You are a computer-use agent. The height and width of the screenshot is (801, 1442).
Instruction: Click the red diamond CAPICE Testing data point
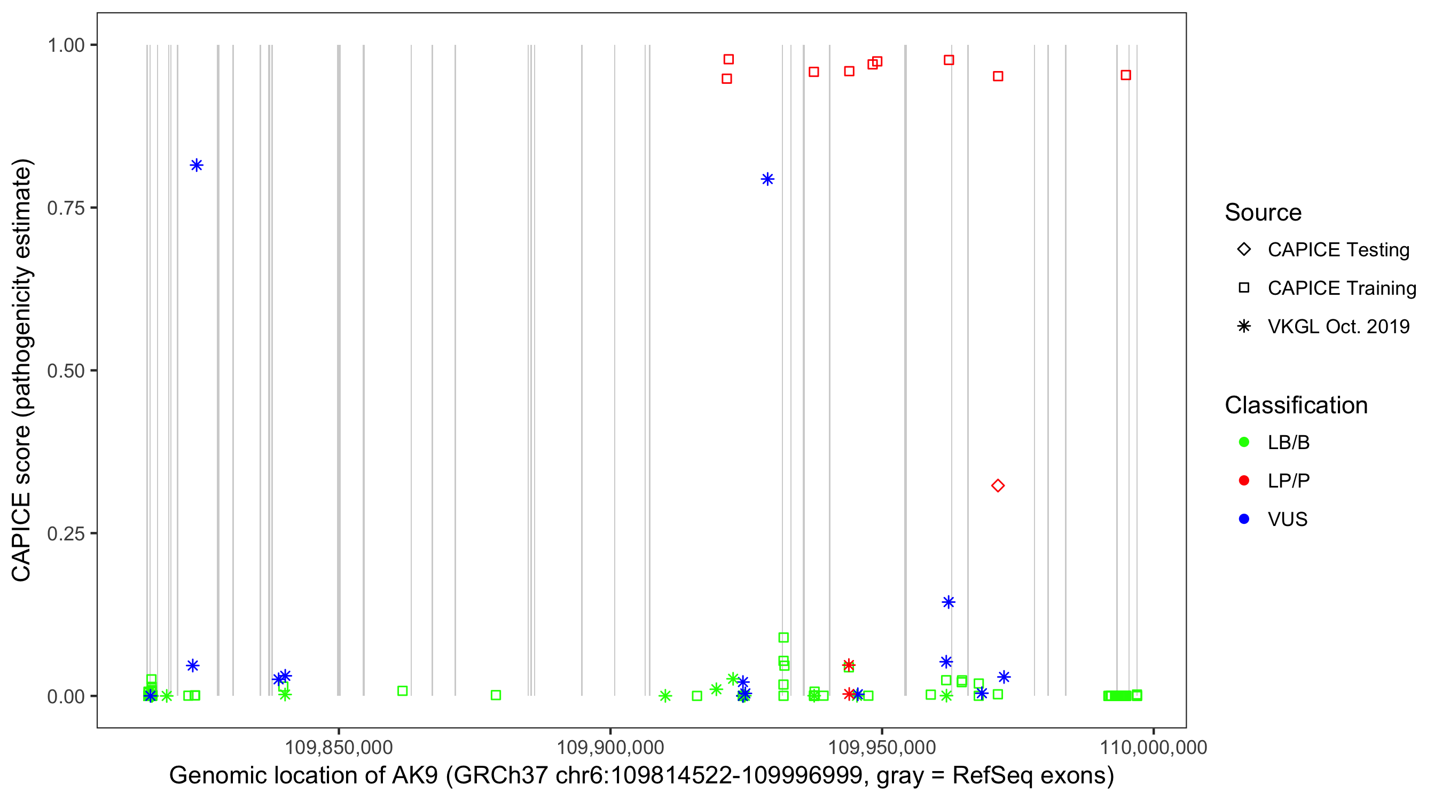click(x=998, y=485)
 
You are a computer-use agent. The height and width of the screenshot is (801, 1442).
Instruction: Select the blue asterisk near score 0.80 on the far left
click(x=197, y=165)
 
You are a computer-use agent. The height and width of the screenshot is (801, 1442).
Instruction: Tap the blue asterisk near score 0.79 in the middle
click(x=767, y=179)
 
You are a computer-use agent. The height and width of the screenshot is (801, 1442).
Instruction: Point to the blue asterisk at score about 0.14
click(x=949, y=602)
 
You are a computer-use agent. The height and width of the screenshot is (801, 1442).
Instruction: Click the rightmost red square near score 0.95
click(x=1126, y=75)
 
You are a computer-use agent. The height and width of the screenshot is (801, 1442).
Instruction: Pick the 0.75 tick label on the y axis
click(x=66, y=208)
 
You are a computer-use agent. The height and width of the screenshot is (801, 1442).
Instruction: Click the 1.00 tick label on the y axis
click(x=66, y=45)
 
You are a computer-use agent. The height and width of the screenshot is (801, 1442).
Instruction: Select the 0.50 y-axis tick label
click(x=66, y=371)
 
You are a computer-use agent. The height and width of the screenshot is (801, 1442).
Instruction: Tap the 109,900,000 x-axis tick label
click(x=610, y=747)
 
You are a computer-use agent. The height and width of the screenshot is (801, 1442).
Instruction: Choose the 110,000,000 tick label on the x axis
click(x=1153, y=747)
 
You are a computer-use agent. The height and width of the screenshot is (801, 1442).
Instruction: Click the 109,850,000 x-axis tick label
click(x=339, y=747)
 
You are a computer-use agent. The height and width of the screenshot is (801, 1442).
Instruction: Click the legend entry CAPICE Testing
click(x=1338, y=250)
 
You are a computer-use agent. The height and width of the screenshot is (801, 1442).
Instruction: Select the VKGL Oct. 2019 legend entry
click(x=1338, y=326)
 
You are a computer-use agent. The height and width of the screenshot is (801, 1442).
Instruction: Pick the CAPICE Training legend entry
click(x=1341, y=288)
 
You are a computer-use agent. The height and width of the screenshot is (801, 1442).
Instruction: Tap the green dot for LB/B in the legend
click(x=1244, y=442)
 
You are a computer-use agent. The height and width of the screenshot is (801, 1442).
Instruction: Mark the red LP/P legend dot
click(x=1244, y=481)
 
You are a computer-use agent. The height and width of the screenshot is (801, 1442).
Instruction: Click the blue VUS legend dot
click(x=1244, y=519)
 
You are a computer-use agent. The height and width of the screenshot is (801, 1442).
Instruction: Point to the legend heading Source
click(x=1263, y=213)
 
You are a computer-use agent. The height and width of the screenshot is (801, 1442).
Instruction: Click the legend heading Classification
click(x=1296, y=405)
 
